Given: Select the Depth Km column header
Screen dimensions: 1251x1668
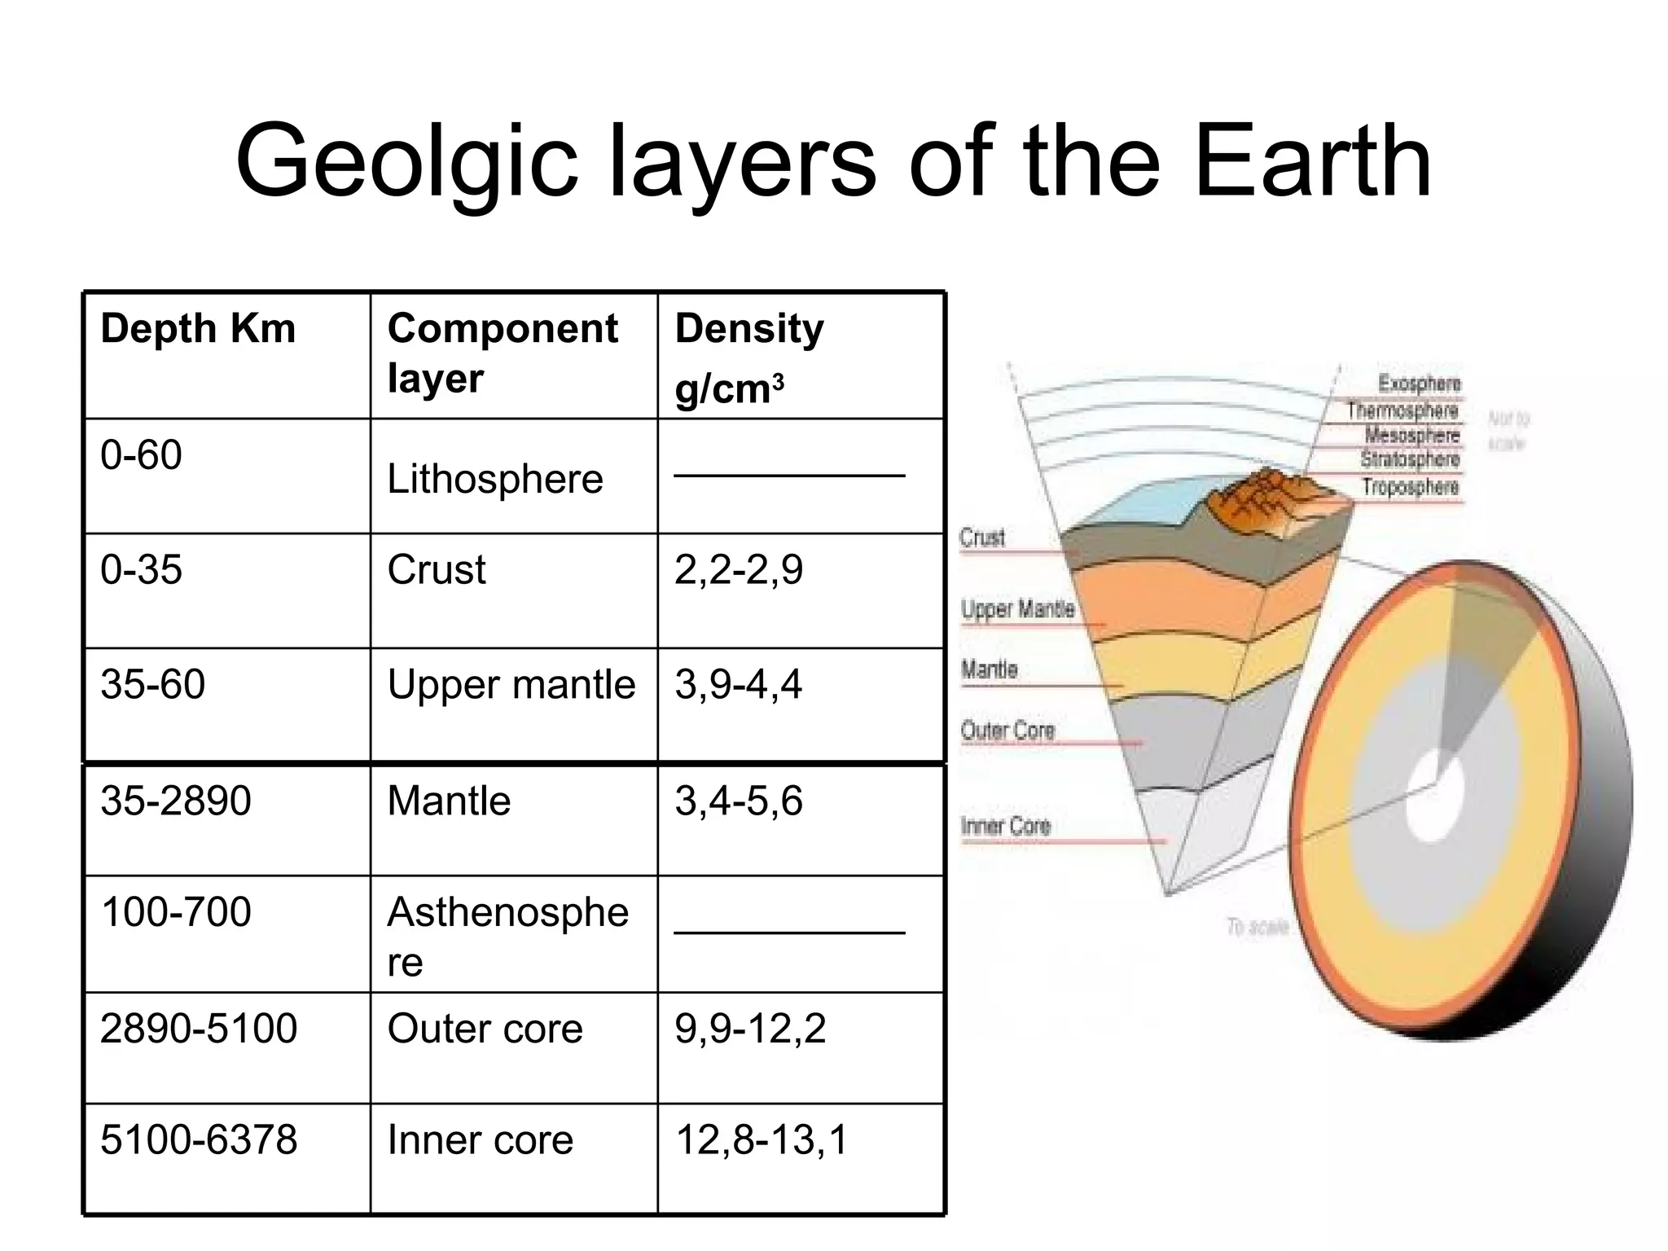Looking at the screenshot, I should [198, 329].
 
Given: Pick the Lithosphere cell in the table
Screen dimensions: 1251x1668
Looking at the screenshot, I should [495, 479].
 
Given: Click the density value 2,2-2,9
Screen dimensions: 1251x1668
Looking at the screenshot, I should [739, 569].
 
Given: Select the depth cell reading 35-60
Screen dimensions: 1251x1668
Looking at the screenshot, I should [152, 684].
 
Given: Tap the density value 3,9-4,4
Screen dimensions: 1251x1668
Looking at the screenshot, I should [738, 684].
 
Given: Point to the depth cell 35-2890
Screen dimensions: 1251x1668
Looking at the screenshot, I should [176, 801].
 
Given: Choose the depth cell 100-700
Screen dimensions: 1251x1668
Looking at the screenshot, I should [176, 911].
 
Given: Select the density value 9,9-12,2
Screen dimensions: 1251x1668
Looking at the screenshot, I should [750, 1029].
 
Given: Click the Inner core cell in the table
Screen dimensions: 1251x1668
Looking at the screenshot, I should [481, 1139].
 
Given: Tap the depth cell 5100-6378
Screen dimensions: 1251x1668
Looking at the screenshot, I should [199, 1139].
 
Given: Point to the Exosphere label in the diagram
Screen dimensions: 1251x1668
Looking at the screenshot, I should [1419, 383].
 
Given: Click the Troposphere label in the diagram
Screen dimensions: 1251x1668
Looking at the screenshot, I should [1411, 487].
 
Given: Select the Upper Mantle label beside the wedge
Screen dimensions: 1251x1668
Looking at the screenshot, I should [1017, 609].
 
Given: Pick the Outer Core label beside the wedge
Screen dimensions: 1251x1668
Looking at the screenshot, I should [1007, 731].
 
